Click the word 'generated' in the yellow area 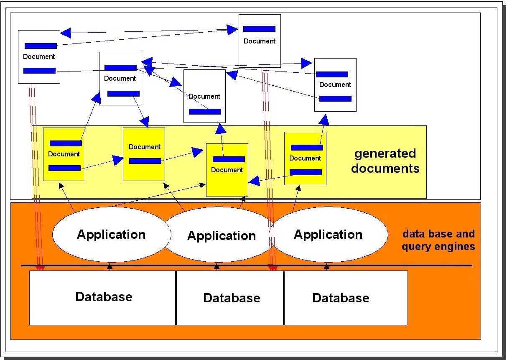pos(385,154)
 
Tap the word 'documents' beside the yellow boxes pos(385,168)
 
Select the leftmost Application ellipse pos(111,235)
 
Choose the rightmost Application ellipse pos(328,235)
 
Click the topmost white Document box pos(259,41)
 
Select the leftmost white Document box pos(39,56)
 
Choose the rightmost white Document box pos(335,84)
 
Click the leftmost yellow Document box pos(64,154)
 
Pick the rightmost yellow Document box pos(305,158)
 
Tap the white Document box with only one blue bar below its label pos(204,96)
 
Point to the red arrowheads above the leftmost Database pos(40,268)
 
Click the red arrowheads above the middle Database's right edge pos(273,268)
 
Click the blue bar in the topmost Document pos(259,29)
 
